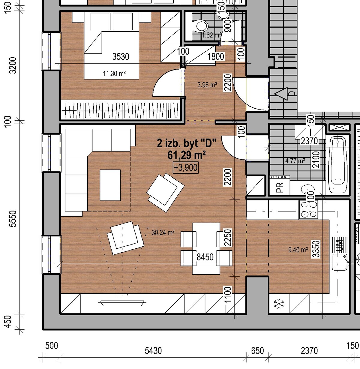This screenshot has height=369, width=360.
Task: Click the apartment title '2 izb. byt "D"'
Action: (x=187, y=143)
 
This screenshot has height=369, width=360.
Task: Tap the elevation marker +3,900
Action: (x=186, y=168)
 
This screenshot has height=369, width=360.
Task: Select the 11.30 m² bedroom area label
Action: (x=114, y=73)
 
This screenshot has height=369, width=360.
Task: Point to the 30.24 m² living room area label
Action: (x=163, y=232)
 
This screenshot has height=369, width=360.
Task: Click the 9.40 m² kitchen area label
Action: (x=298, y=250)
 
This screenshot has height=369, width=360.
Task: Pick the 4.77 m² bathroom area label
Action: (x=295, y=161)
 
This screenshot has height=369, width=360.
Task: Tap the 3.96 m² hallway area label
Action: (x=207, y=85)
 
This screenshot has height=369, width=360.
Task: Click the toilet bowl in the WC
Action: (x=201, y=26)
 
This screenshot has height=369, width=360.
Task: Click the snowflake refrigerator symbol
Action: (x=279, y=304)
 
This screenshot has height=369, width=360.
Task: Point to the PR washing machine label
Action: (x=280, y=187)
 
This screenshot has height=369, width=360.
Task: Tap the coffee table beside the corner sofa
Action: (x=110, y=185)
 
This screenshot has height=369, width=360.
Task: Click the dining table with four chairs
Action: (x=206, y=248)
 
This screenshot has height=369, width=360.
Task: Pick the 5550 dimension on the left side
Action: (x=13, y=219)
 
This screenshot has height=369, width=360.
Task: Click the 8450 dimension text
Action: (x=205, y=257)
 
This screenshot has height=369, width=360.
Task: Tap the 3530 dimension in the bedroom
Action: (x=121, y=56)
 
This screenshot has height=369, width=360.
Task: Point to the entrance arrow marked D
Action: (x=281, y=94)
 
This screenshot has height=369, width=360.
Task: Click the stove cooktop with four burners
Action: (x=309, y=209)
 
